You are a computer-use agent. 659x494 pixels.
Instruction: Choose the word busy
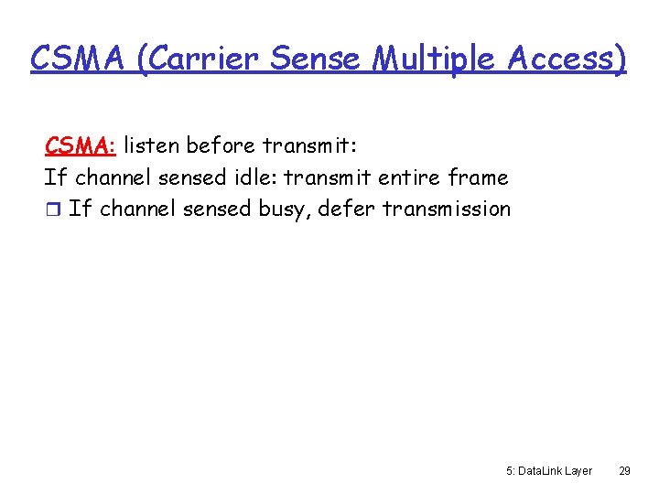click(286, 209)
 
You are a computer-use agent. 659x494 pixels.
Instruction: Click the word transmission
click(447, 208)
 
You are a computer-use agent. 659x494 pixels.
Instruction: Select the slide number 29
click(624, 470)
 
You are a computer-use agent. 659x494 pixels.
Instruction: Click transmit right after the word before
click(302, 145)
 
